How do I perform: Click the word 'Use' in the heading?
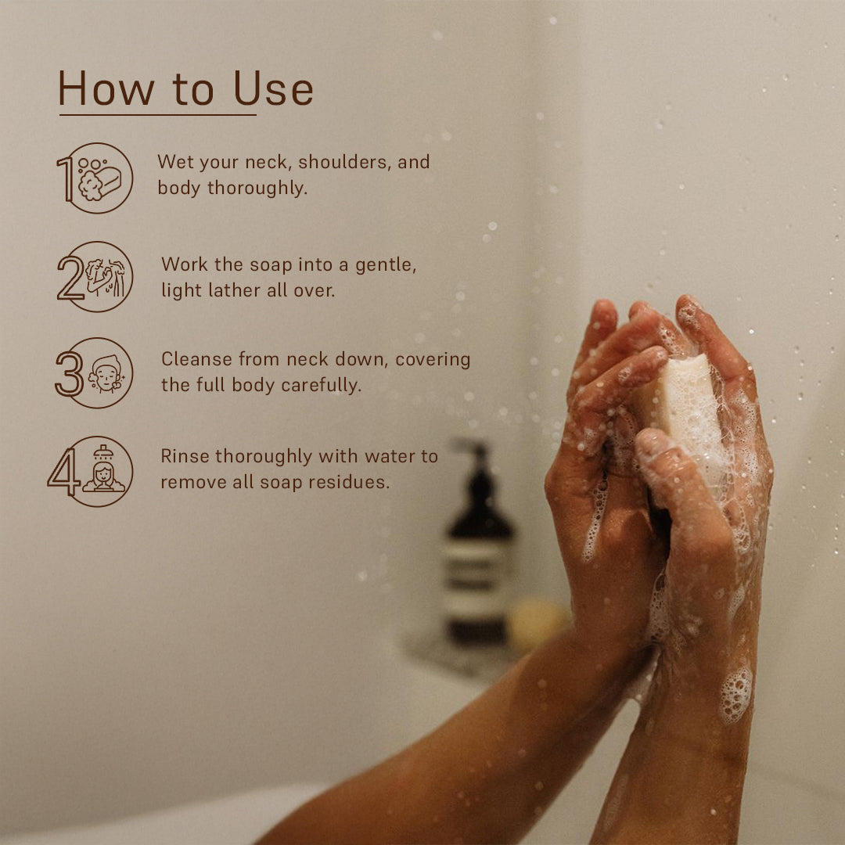[273, 89]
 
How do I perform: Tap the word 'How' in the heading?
[106, 89]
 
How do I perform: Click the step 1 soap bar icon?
[100, 179]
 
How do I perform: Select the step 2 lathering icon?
[106, 277]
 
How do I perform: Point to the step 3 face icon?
[106, 373]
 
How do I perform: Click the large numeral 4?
[63, 472]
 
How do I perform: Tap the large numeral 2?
[70, 278]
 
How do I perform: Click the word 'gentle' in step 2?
[385, 265]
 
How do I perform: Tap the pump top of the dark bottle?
[472, 449]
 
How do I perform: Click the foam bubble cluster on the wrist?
[735, 695]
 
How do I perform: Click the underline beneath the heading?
[157, 115]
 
